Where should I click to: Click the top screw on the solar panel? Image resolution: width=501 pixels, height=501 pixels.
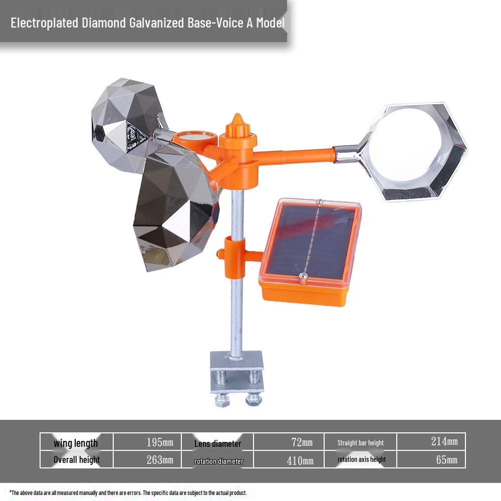click(x=319, y=202)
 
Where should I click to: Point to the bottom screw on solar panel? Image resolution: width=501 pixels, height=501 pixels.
click(x=303, y=277)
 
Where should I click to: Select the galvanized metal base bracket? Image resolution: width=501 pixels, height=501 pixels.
click(x=237, y=372)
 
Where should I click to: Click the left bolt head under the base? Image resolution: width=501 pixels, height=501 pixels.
click(x=222, y=401)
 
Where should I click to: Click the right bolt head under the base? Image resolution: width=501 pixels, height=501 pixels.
click(x=254, y=399)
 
